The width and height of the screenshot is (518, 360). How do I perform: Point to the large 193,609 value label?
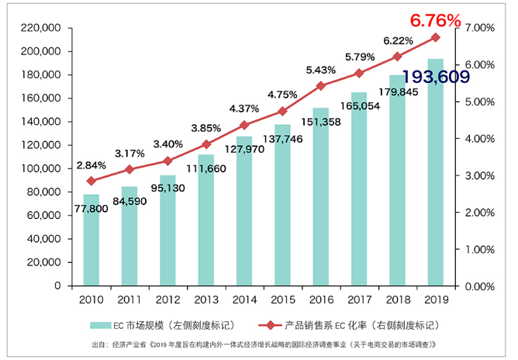436,77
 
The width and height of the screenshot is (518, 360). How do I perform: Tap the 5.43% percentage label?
320,70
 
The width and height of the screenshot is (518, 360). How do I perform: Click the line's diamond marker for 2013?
206,144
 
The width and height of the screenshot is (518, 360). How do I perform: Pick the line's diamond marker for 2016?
321,86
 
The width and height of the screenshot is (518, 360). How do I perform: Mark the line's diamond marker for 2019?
436,37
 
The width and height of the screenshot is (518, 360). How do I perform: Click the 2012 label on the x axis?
167,299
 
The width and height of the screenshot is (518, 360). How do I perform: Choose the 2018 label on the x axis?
397,299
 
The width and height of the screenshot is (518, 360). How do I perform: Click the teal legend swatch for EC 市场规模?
102,324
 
